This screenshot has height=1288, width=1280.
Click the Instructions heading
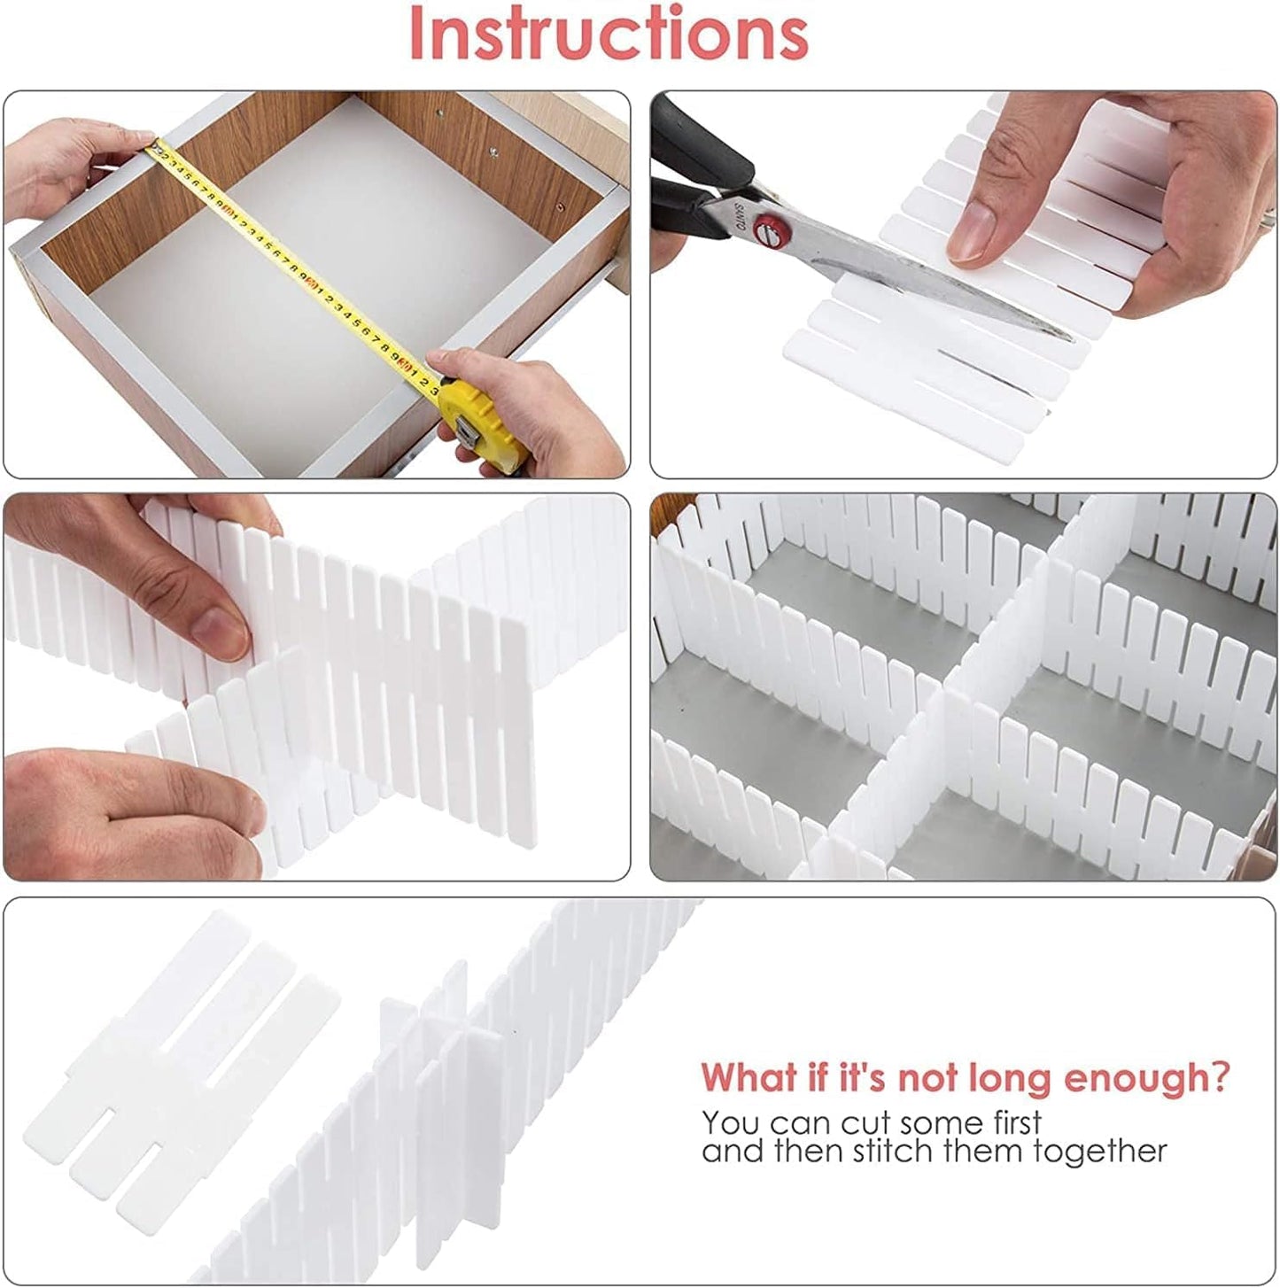609,34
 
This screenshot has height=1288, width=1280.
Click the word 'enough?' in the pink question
1146,1078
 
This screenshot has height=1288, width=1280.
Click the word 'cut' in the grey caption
865,1123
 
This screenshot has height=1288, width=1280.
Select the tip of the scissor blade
1067,335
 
